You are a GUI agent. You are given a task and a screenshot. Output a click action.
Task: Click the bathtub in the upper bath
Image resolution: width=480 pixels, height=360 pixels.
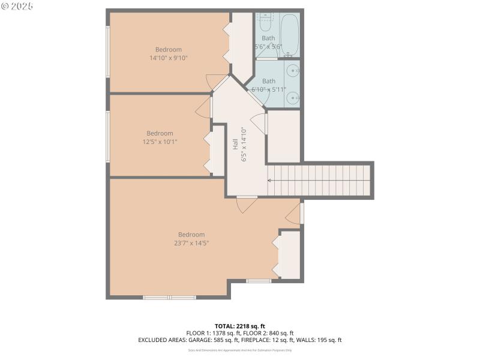289,35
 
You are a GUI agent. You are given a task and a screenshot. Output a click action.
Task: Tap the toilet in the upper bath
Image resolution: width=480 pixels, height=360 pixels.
265,24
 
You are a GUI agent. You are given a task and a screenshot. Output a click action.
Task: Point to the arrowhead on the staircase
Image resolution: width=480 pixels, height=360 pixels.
269,180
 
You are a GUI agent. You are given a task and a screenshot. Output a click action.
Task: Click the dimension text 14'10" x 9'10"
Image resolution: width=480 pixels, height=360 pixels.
169,58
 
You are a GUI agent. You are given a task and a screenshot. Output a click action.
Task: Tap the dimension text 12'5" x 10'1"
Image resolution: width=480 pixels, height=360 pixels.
160,142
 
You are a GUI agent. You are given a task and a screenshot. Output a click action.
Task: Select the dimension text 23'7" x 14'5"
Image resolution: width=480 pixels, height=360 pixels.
191,243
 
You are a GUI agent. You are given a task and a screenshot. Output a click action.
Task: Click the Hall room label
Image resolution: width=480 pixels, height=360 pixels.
235,144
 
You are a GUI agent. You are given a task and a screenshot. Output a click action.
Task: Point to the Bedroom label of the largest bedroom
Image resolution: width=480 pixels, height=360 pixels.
191,235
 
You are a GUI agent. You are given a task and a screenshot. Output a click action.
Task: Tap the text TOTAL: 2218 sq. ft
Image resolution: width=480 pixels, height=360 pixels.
239,326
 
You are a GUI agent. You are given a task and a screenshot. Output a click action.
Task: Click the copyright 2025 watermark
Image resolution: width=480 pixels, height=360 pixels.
17,6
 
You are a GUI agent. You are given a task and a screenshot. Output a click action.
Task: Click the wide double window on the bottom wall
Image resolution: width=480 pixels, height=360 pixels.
170,297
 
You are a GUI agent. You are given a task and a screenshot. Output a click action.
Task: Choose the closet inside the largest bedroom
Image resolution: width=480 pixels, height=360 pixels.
290,254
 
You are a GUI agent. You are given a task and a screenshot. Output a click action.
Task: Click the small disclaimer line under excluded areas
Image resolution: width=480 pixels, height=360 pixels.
239,350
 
